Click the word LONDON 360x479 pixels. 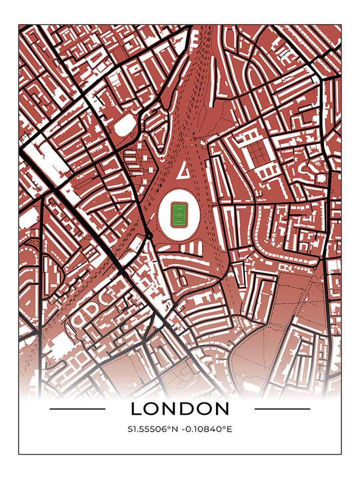pyautogui.click(x=179, y=409)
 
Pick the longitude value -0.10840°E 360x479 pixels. pyautogui.click(x=205, y=428)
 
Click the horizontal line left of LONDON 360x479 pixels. pyautogui.click(x=77, y=409)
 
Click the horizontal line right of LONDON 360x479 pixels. pyautogui.click(x=282, y=409)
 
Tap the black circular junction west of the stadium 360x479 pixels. pyautogui.click(x=149, y=235)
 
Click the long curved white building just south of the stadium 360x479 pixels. pyautogui.click(x=181, y=261)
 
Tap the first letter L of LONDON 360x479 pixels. pyautogui.click(x=136, y=409)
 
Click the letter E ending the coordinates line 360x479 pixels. pyautogui.click(x=230, y=428)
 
